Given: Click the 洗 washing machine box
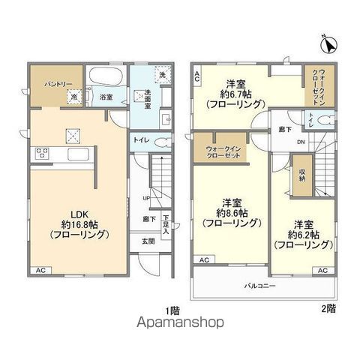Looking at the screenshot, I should (x=162, y=73).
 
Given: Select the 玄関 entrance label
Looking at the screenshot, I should (x=147, y=241).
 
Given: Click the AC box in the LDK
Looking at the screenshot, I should (x=40, y=270).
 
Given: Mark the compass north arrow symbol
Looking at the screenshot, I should (x=327, y=46).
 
